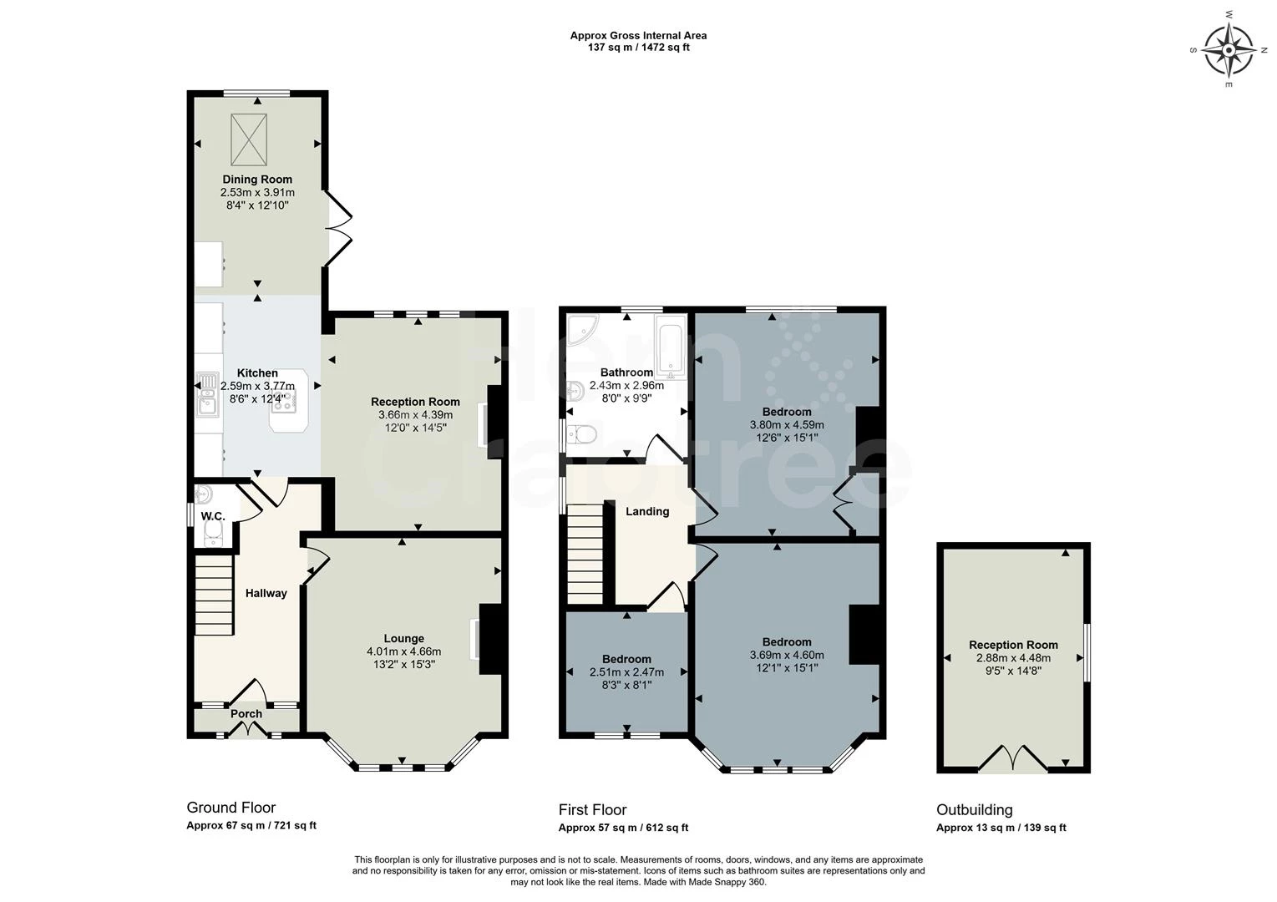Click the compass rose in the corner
(x=1229, y=51)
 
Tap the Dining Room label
(x=257, y=179)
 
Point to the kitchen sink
(x=205, y=396)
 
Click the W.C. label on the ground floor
(x=212, y=517)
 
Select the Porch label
(x=246, y=713)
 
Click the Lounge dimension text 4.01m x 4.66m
(x=403, y=651)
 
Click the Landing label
(x=647, y=511)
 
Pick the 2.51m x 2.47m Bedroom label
(x=626, y=659)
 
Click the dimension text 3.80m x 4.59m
(x=787, y=425)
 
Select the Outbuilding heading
(x=974, y=809)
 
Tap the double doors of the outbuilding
(x=1012, y=759)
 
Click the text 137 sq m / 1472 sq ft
(x=638, y=48)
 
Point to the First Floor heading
(x=592, y=809)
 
